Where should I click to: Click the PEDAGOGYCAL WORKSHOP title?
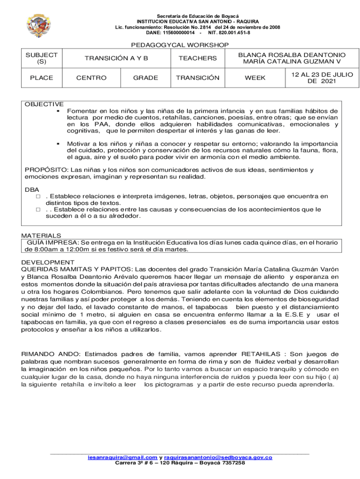(180, 45)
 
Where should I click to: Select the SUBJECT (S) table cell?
(42, 58)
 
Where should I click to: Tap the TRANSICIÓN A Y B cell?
(116, 58)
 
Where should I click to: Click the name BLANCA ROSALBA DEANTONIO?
(292, 55)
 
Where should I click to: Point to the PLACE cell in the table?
(42, 78)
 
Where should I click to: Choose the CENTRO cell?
(92, 78)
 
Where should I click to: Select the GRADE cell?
(145, 78)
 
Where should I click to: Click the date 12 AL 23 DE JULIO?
(322, 74)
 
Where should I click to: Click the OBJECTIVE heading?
(44, 104)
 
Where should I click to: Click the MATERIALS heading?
(41, 235)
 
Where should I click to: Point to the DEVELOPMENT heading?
(45, 262)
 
